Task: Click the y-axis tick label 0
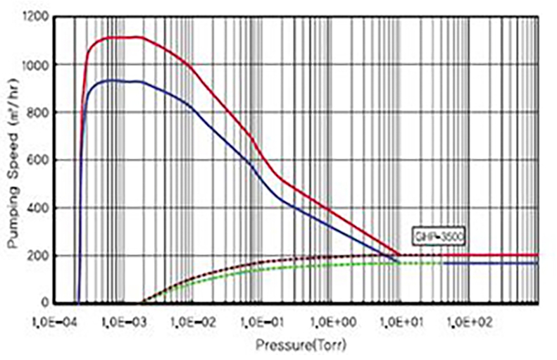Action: pos(49,303)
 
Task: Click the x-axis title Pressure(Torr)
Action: pos(301,346)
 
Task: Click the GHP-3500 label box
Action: pos(430,237)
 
